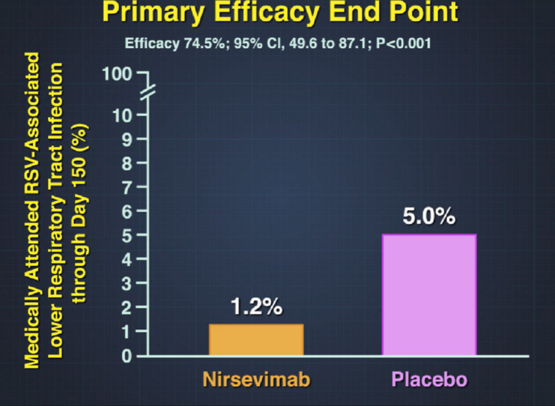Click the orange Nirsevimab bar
pos(256,339)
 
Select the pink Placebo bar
pos(429,295)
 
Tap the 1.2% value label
pos(256,306)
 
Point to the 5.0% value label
pos(429,216)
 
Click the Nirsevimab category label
pos(256,379)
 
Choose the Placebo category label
pos(429,379)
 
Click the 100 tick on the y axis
pos(117,74)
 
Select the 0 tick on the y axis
pos(127,356)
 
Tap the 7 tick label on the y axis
pos(127,187)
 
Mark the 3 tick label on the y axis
pos(127,284)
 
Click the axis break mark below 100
pos(148,92)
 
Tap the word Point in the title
pos(422,11)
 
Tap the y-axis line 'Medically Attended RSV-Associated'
pos(32,210)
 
